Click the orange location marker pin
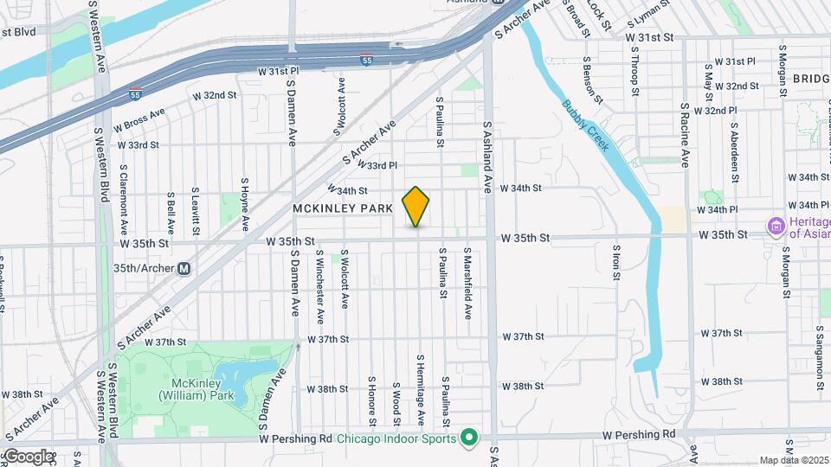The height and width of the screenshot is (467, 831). click(x=416, y=207)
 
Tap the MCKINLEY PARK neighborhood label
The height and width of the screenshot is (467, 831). click(x=344, y=209)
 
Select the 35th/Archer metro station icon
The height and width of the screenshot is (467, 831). click(x=184, y=268)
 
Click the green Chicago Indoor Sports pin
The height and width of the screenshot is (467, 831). click(x=469, y=438)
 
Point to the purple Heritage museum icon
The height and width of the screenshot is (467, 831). click(x=775, y=227)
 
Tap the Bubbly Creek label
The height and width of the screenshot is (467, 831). click(x=586, y=125)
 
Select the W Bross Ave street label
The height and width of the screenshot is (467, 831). click(x=138, y=118)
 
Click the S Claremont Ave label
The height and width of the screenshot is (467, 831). click(x=124, y=200)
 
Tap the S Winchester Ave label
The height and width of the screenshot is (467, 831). click(x=320, y=278)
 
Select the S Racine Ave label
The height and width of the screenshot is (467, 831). click(x=684, y=134)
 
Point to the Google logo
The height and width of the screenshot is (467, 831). click(x=29, y=456)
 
